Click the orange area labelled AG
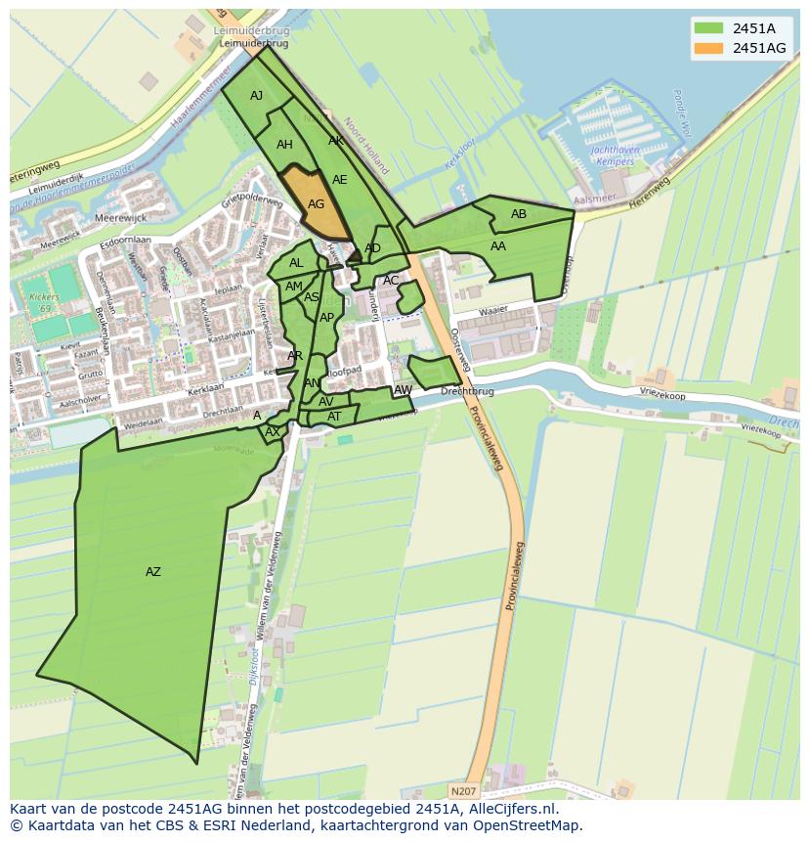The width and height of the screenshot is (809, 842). coord(316,204)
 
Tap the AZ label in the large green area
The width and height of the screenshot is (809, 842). coord(153,572)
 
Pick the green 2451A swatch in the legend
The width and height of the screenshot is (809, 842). coord(708,27)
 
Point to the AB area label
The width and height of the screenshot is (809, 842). coord(519,214)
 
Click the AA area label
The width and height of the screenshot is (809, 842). coord(498,246)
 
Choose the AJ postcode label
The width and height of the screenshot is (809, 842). coord(257,96)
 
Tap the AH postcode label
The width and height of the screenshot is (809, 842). coord(284,145)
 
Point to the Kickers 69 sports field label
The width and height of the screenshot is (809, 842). coord(39,302)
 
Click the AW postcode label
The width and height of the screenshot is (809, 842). coord(403,390)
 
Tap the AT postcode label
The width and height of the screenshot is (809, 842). coord(334,417)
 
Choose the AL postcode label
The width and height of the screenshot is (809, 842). coord(296,263)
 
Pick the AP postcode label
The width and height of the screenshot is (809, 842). coord(326,318)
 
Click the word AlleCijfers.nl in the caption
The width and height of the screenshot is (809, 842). coord(509,809)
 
